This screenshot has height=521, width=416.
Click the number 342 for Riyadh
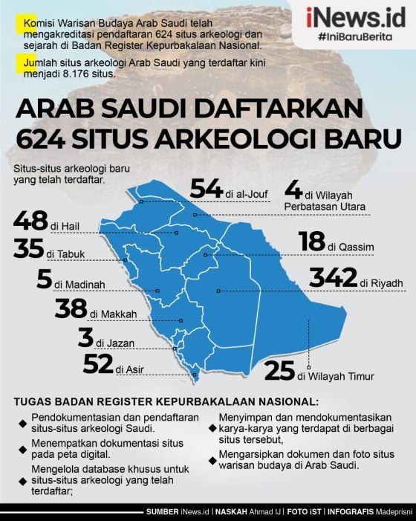click(334, 278)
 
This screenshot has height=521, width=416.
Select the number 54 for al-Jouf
click(207, 189)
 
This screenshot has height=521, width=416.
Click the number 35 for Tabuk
click(27, 249)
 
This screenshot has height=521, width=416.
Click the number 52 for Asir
click(97, 365)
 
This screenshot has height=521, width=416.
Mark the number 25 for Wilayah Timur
click(279, 371)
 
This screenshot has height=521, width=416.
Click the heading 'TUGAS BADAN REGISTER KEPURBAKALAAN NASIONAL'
click(166, 402)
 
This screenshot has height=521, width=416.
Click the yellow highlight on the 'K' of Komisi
click(19, 25)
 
